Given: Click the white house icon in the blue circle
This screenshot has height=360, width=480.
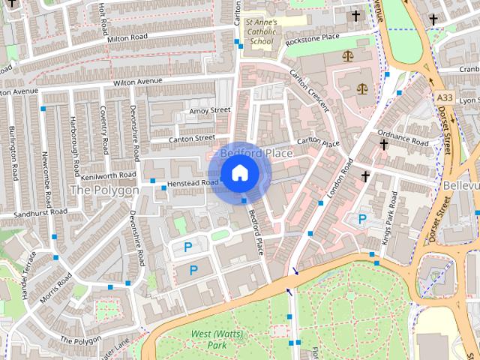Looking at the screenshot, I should point(239,173).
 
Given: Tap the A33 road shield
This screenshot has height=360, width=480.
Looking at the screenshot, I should point(444,97).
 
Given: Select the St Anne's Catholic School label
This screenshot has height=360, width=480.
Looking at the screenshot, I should point(262,31).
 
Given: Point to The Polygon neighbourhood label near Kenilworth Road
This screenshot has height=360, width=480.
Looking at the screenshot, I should point(104,190).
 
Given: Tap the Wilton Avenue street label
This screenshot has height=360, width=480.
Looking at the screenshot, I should point(138,82).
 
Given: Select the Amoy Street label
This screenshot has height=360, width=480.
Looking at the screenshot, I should point(209,110).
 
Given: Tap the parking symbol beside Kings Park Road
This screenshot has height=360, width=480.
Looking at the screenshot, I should point(363,219).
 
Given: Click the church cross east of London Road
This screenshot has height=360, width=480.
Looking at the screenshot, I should point(366,177).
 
